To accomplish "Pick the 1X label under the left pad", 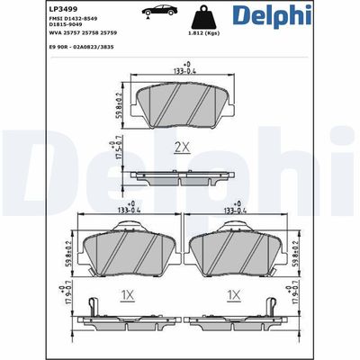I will pos(128,294).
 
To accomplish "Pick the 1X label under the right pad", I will pos(236,294).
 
